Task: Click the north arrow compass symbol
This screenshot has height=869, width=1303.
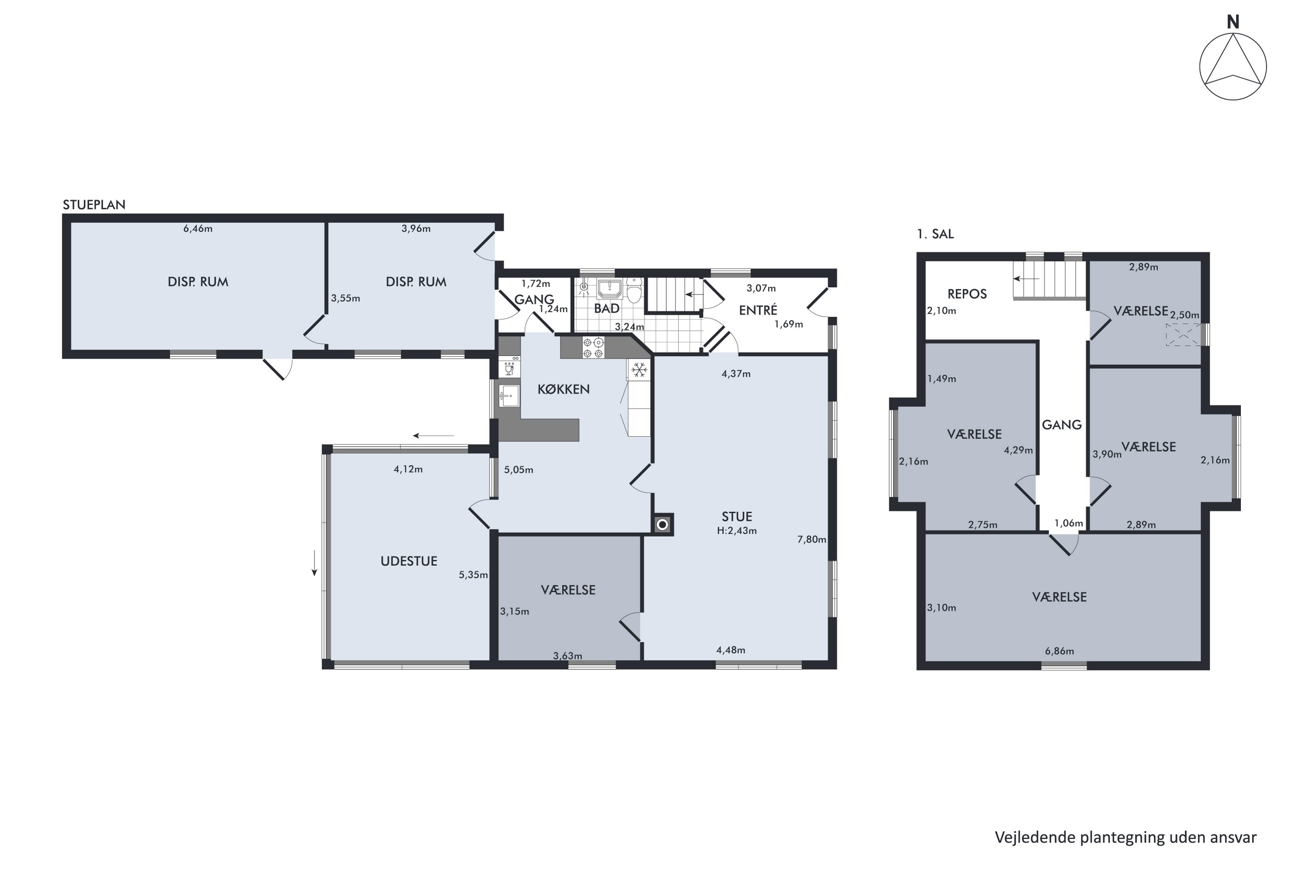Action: [x=1233, y=66]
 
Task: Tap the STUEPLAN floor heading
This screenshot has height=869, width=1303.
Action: [x=94, y=205]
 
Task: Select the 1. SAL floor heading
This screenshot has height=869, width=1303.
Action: [x=935, y=234]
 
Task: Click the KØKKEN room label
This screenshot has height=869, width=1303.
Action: [x=563, y=389]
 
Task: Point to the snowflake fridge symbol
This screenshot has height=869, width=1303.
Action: [x=639, y=370]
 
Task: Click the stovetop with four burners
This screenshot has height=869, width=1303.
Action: [x=593, y=348]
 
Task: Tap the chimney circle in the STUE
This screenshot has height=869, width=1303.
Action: [x=663, y=524]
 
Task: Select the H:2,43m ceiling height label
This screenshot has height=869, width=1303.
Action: [x=737, y=531]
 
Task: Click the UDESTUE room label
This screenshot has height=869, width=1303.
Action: [x=409, y=561]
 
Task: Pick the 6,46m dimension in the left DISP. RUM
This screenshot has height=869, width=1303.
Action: [x=198, y=229]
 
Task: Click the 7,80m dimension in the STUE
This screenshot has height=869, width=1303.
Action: [x=812, y=539]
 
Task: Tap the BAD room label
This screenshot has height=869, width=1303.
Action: [x=607, y=308]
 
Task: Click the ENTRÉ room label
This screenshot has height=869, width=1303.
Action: [x=758, y=310]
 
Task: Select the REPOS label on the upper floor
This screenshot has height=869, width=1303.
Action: [x=967, y=294]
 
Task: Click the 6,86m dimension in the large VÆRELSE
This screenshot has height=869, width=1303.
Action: [x=1059, y=651]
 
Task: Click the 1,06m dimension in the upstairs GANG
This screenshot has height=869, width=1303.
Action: [x=1068, y=523]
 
